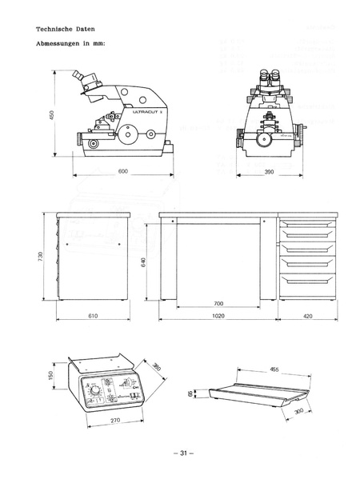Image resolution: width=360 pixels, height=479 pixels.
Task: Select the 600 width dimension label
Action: [x=122, y=171]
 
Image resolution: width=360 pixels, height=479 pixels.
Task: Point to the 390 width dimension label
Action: [x=269, y=171]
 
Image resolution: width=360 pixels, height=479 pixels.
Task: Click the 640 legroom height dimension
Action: [x=144, y=263]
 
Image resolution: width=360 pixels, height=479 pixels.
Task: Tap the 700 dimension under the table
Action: [x=218, y=304]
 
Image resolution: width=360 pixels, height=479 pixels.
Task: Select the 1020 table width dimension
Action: [x=218, y=317]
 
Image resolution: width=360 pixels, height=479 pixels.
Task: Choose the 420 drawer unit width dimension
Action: [x=307, y=317]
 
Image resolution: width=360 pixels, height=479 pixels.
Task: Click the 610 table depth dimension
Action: [x=91, y=317]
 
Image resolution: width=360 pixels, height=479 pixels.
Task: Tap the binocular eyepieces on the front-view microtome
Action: [x=267, y=77]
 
